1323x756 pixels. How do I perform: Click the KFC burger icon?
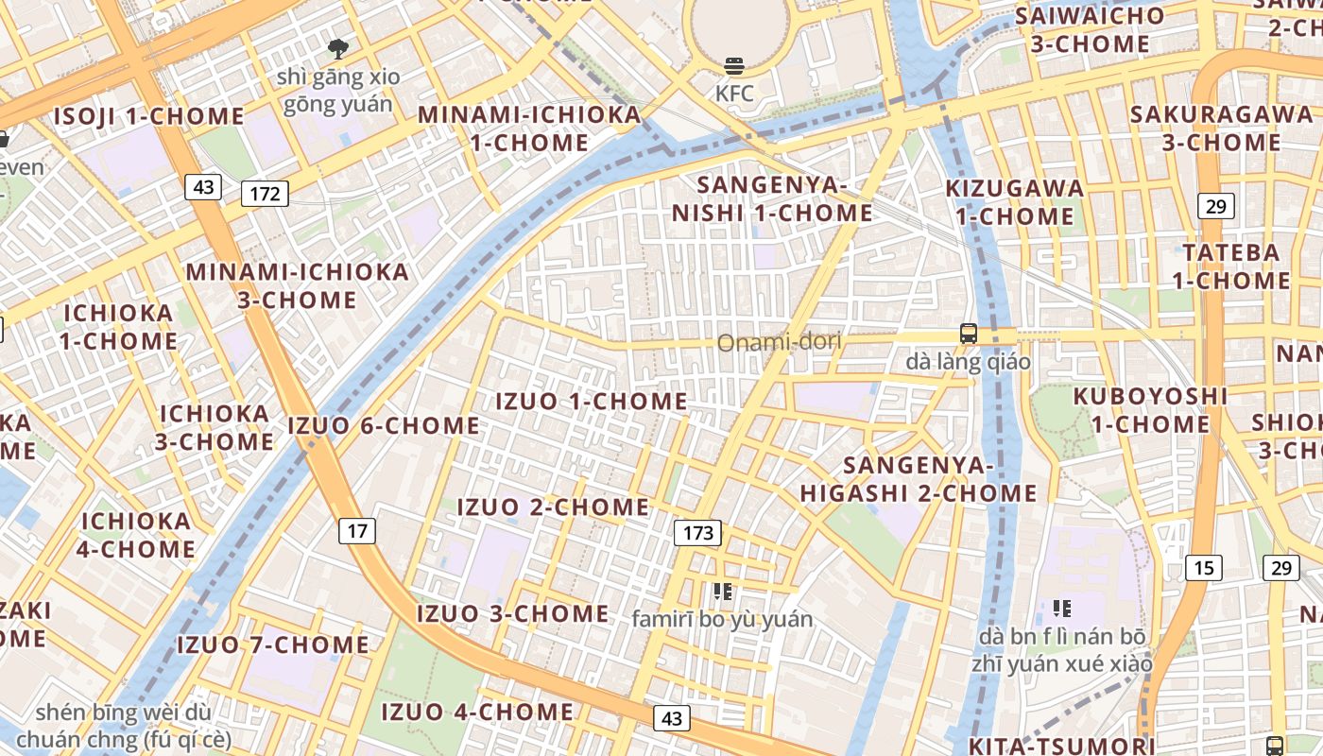pyautogui.click(x=734, y=66)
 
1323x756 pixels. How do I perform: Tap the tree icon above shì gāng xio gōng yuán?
pyautogui.click(x=338, y=48)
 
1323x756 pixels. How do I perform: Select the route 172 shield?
pyautogui.click(x=265, y=194)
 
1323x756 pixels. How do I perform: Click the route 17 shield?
pyautogui.click(x=356, y=530)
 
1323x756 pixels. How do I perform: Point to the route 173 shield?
pyautogui.click(x=697, y=533)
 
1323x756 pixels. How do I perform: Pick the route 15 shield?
pyautogui.click(x=1204, y=567)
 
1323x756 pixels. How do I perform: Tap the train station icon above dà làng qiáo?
pyautogui.click(x=969, y=334)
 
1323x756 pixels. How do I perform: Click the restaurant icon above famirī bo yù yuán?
pyautogui.click(x=723, y=593)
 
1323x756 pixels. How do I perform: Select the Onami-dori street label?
pyautogui.click(x=779, y=341)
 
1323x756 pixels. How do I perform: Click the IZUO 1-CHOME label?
pyautogui.click(x=592, y=401)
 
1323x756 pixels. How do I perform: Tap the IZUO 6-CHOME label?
pyautogui.click(x=384, y=425)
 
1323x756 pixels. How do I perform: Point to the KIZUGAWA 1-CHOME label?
pyautogui.click(x=1015, y=201)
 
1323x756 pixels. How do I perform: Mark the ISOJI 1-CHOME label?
pyautogui.click(x=148, y=116)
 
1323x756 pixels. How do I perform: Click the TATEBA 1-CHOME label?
pyautogui.click(x=1231, y=266)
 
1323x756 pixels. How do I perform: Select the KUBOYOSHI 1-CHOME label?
pyautogui.click(x=1150, y=410)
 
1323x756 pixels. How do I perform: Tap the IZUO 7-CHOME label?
pyautogui.click(x=273, y=644)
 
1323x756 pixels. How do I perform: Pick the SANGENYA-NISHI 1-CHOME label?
pyautogui.click(x=772, y=198)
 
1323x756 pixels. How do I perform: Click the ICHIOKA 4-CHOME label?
pyautogui.click(x=138, y=535)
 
